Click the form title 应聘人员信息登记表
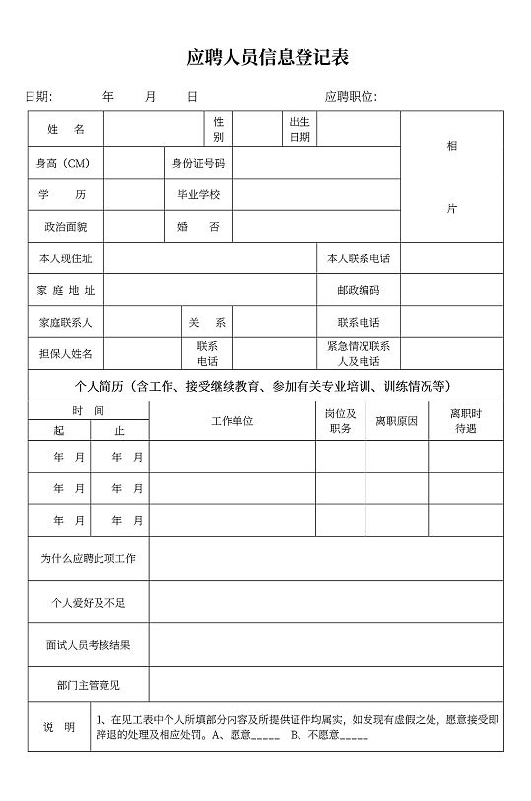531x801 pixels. click(267, 57)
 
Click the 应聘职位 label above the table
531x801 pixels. click(351, 96)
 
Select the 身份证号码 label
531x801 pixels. click(198, 163)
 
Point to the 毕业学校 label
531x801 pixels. click(198, 194)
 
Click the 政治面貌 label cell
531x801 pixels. click(65, 227)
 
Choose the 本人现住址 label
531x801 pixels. click(65, 258)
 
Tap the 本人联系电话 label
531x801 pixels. click(358, 258)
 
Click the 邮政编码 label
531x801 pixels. click(358, 290)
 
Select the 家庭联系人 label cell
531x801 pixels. click(65, 322)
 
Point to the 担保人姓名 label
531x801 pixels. click(65, 353)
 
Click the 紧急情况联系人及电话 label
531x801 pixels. click(358, 353)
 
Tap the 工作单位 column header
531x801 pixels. click(232, 421)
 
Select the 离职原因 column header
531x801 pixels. click(396, 421)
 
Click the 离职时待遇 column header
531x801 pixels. click(465, 421)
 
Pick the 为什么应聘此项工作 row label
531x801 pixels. click(88, 558)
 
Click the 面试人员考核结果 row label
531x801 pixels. click(88, 645)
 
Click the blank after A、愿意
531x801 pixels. click(267, 735)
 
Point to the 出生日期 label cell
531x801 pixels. click(299, 129)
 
